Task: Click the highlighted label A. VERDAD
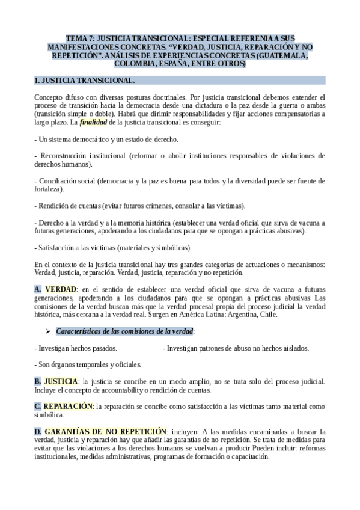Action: coord(56,289)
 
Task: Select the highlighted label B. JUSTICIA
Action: coord(56,381)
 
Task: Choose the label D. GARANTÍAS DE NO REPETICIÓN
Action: coord(100,432)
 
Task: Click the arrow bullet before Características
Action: coord(49,331)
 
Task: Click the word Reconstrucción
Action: coord(66,155)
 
